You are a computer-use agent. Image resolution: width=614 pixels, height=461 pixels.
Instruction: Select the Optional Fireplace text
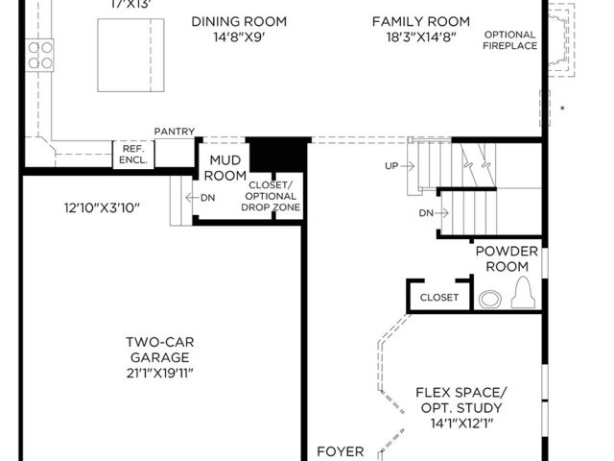point(509,40)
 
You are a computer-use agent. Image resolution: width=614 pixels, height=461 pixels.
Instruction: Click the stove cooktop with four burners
point(39,55)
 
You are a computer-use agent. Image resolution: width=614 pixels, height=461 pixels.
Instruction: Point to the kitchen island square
point(130,55)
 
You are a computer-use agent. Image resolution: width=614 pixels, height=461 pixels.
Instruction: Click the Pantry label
point(175,132)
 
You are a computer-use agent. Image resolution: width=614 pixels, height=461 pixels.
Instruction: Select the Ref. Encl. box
point(133,155)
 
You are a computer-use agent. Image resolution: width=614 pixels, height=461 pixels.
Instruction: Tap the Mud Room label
point(225,168)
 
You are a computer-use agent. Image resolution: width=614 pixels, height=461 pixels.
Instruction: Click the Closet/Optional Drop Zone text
point(271,196)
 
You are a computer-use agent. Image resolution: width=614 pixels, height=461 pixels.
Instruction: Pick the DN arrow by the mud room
point(193,198)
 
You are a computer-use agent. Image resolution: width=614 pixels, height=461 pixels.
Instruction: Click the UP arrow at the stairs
point(408,166)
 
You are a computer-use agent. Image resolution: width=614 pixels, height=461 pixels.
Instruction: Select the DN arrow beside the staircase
point(441,213)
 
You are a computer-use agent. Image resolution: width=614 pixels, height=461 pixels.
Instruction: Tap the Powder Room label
point(507,258)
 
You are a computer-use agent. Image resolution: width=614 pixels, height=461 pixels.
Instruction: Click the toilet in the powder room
point(523,292)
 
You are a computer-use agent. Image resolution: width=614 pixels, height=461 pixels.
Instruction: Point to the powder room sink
point(490,299)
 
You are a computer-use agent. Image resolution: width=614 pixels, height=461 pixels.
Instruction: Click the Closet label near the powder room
point(439,298)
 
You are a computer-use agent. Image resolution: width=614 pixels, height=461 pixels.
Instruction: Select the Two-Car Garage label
point(160,350)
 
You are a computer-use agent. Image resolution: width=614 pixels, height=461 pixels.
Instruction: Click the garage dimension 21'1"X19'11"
point(160,374)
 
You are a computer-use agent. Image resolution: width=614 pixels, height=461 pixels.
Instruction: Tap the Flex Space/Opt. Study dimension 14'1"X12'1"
point(461,424)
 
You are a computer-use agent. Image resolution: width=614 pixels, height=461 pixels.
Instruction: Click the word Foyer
point(341,451)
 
